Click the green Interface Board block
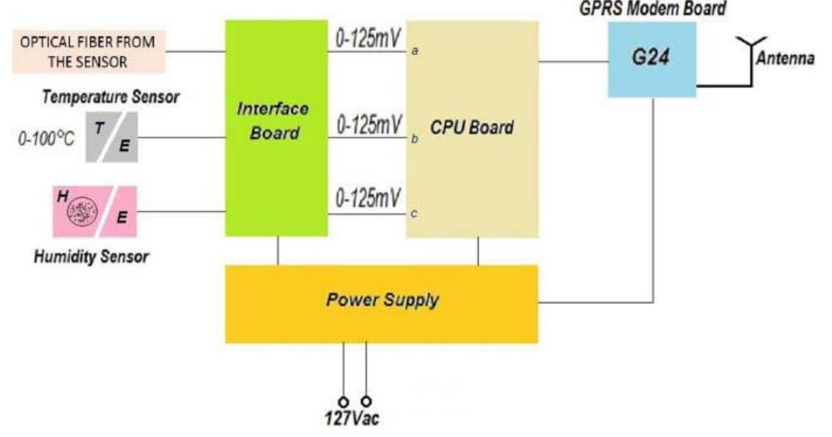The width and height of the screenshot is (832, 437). (276, 128)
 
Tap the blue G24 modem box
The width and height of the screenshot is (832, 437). (651, 59)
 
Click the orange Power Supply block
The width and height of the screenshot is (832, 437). (381, 303)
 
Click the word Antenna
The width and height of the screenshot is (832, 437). (785, 59)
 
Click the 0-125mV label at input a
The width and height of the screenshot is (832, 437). (368, 37)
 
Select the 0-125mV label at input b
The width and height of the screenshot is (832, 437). (368, 124)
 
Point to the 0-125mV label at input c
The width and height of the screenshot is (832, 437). (368, 198)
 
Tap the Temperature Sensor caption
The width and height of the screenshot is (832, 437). (110, 97)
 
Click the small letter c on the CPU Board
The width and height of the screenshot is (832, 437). (413, 213)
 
